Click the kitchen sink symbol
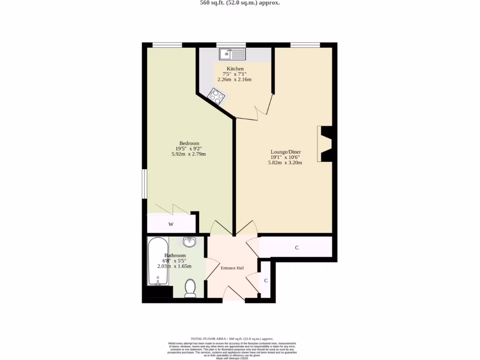point(232,54)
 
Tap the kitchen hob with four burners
point(216,96)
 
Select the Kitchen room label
point(235,69)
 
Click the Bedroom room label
point(189,143)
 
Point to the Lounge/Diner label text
point(285,152)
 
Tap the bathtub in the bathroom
point(158,262)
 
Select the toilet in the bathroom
point(190,288)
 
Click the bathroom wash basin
point(189,242)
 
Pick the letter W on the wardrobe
point(171,225)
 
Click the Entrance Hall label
point(232,268)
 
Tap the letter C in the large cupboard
point(297,247)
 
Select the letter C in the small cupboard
point(266,281)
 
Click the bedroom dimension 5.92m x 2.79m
point(189,154)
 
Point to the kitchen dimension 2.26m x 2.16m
point(234,79)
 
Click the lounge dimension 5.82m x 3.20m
point(285,163)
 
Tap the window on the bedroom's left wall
point(145,184)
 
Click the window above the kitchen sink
point(231,45)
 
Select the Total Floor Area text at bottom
point(232,338)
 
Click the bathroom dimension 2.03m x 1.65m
point(174,266)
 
